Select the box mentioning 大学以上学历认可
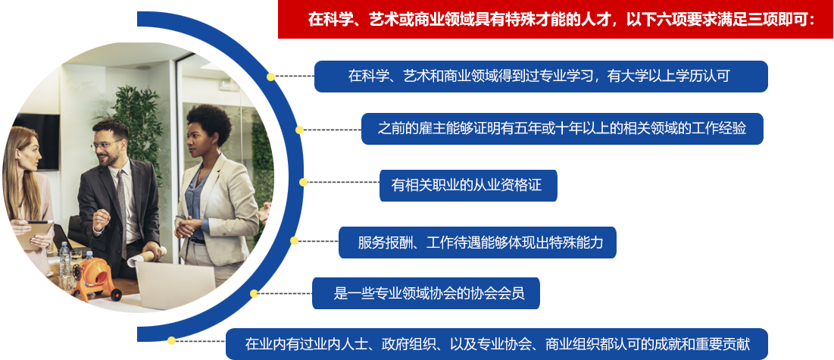click(x=541, y=77)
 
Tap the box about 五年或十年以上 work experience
click(x=561, y=129)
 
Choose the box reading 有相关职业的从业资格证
click(x=468, y=185)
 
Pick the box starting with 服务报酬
click(x=476, y=243)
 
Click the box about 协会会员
click(x=426, y=293)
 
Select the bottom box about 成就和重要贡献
click(x=497, y=343)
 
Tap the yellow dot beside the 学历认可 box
click(x=270, y=77)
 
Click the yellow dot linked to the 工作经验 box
click(x=300, y=130)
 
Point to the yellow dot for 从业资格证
click(x=303, y=182)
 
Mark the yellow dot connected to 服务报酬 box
click(x=294, y=241)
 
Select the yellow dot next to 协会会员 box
click(x=254, y=293)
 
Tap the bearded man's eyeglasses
click(x=105, y=145)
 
